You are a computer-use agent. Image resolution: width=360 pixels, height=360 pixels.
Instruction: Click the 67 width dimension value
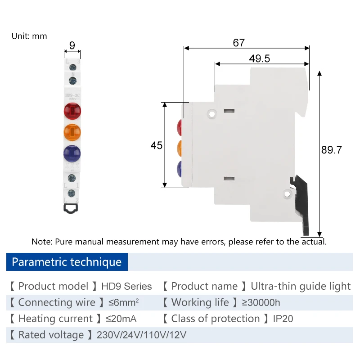[238, 43]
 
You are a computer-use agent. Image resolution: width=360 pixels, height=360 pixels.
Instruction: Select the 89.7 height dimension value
[332, 150]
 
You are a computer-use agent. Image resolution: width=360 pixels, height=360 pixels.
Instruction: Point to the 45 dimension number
[156, 146]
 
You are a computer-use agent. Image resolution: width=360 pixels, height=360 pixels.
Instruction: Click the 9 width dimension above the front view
[72, 45]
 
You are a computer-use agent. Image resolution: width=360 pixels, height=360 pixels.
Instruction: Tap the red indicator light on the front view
[72, 111]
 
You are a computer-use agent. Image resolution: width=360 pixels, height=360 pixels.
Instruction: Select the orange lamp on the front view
[72, 131]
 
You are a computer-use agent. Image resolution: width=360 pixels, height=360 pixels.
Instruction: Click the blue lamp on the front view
[72, 153]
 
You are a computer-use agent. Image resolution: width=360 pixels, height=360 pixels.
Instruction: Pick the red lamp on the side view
[180, 127]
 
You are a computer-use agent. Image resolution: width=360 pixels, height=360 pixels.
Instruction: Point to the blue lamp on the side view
[180, 169]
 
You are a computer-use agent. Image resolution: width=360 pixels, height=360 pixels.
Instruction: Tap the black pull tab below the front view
[72, 207]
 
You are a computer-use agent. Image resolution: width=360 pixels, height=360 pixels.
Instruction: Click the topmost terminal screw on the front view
[72, 66]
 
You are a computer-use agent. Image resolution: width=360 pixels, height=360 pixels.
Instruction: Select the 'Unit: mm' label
[29, 36]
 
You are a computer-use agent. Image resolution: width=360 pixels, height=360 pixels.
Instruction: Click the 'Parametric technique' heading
[67, 262]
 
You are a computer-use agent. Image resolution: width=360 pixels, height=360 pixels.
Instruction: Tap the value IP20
[283, 319]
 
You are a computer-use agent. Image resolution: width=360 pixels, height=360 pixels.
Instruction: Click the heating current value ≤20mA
[121, 319]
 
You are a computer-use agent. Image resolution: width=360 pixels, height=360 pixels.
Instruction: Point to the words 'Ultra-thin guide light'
[301, 286]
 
